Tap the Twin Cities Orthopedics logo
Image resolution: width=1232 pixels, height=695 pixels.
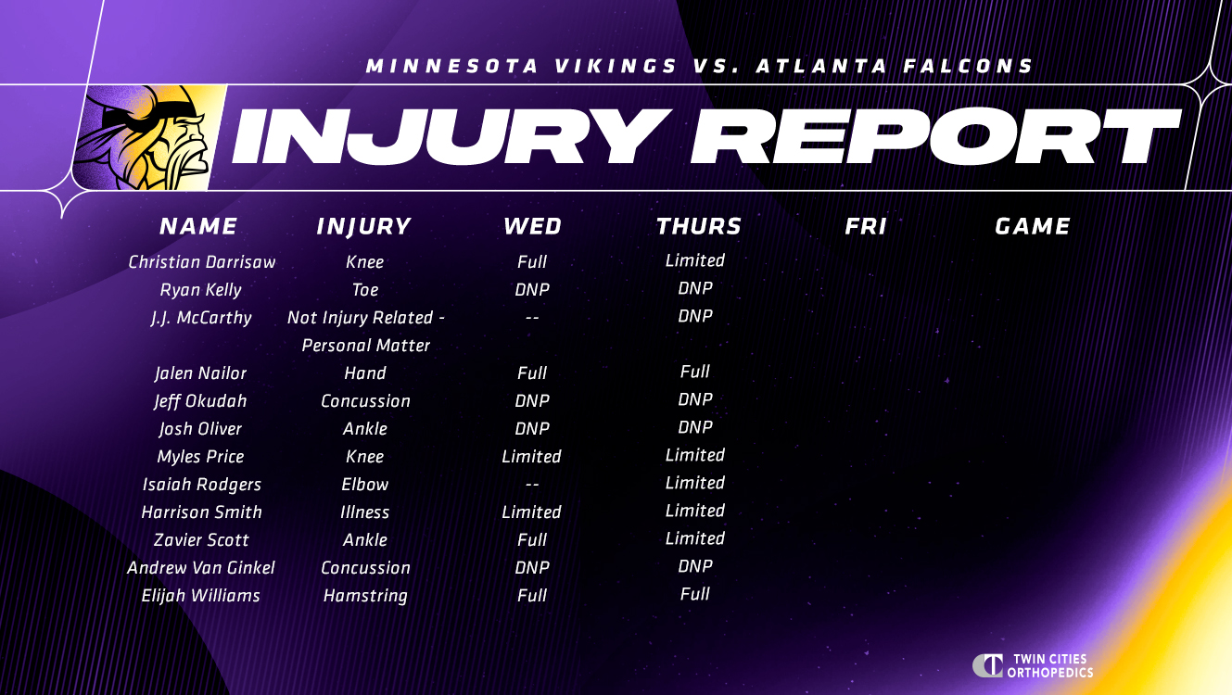click(x=1033, y=665)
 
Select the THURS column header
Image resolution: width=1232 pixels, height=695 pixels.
click(x=698, y=226)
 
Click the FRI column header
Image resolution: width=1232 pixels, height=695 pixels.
click(x=865, y=226)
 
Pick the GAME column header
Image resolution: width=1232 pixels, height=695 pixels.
click(x=1033, y=226)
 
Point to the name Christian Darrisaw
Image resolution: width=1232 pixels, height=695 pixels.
click(x=201, y=261)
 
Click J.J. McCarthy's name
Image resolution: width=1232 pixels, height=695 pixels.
click(x=201, y=318)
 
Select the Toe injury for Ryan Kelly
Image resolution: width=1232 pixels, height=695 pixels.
click(x=365, y=290)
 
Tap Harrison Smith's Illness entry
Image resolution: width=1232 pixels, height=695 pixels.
click(x=364, y=512)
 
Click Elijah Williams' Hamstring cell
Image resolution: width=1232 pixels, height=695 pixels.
click(x=365, y=596)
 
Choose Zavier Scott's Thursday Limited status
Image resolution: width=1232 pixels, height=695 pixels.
click(x=695, y=537)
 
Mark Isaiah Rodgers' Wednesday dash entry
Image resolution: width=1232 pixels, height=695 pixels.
click(x=532, y=485)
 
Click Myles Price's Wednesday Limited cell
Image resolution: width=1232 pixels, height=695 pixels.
click(x=531, y=456)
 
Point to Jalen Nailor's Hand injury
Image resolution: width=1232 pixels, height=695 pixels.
click(x=365, y=373)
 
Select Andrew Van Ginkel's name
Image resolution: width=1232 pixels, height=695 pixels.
click(x=201, y=567)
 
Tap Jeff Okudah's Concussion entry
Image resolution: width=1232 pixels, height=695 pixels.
click(x=365, y=401)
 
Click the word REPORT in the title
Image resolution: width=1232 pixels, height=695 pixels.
click(x=935, y=136)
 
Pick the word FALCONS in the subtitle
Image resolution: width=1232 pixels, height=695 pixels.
click(x=968, y=66)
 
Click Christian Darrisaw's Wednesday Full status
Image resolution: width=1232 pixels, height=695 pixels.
click(x=532, y=261)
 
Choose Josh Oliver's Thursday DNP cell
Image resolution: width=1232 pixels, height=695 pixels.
click(x=695, y=426)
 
